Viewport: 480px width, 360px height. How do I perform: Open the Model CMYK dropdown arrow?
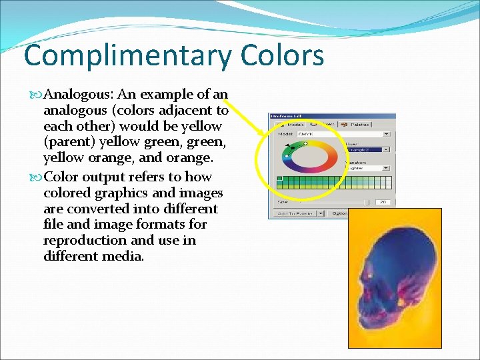pos(387,133)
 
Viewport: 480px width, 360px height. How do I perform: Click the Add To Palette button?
pos(292,213)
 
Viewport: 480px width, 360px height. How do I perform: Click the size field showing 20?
pos(383,201)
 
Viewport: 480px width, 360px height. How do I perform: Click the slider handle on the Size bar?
pos(365,201)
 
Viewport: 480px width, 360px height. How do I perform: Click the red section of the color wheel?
pos(331,158)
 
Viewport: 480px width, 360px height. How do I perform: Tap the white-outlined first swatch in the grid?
pos(281,179)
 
